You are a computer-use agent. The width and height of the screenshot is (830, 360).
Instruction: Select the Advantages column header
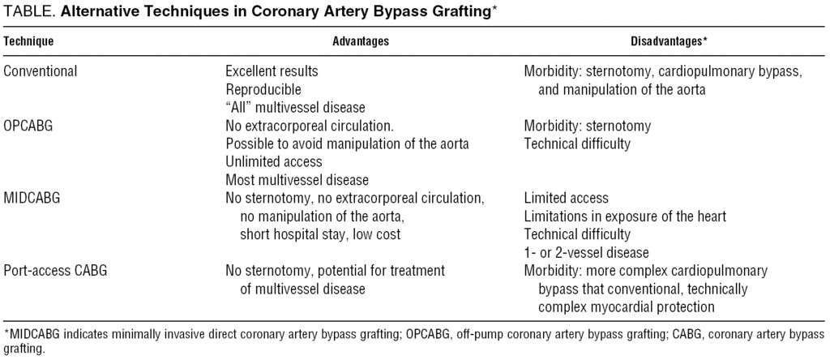click(x=361, y=41)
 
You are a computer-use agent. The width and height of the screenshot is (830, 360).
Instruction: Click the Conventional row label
click(x=41, y=71)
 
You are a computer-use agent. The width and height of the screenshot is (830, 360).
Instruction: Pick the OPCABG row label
click(x=32, y=126)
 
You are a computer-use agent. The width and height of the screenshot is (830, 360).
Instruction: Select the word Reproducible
click(x=263, y=89)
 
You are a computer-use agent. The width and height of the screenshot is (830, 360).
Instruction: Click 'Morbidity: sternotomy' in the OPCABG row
click(x=588, y=126)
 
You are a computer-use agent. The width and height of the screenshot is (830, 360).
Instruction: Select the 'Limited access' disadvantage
click(x=567, y=198)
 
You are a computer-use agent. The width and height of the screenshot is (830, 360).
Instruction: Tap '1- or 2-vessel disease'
click(x=586, y=251)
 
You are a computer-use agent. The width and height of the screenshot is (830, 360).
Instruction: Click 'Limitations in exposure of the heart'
click(x=625, y=216)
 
